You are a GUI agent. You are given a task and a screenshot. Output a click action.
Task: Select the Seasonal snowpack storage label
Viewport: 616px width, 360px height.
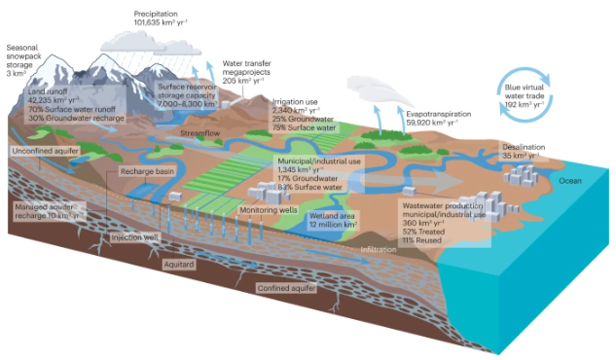[x=29, y=54]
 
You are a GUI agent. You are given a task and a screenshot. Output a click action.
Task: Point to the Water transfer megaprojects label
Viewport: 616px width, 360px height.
[x=249, y=70]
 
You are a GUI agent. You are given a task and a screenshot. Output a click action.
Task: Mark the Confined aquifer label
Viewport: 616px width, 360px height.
[x=288, y=288]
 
